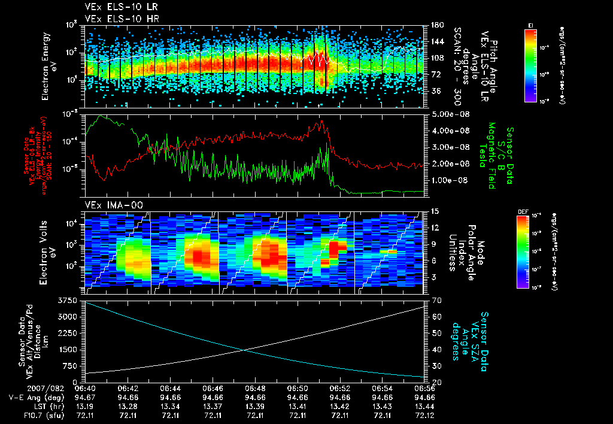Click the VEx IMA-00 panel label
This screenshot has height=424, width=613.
tap(114, 205)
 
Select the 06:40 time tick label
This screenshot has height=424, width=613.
tap(86, 389)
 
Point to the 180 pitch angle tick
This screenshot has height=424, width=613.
tap(436, 25)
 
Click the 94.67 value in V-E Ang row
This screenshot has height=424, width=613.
tap(86, 397)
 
